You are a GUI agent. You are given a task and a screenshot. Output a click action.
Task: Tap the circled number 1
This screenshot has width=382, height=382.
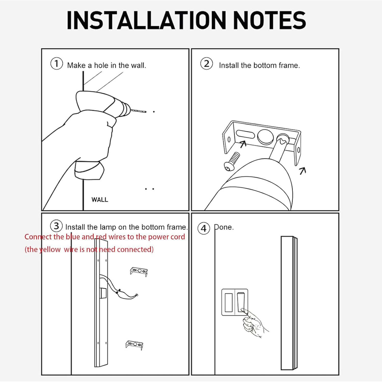coord(57,63)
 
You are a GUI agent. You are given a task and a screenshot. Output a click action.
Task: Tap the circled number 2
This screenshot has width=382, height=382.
coord(207,63)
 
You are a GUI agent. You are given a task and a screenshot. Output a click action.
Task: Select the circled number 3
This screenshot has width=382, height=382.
coord(56,226)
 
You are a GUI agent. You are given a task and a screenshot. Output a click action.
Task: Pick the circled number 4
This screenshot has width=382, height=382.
coord(204,228)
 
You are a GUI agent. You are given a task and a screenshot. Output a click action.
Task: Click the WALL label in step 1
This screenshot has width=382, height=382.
coord(100,200)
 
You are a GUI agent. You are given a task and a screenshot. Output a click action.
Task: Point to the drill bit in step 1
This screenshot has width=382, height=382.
coord(139,111)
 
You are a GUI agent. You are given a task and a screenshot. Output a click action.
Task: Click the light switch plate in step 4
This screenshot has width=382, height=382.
coord(235,302)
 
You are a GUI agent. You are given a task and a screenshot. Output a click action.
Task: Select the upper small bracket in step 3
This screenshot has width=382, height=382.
coord(139,272)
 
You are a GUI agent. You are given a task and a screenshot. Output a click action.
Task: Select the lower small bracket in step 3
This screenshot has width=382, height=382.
coord(134,345)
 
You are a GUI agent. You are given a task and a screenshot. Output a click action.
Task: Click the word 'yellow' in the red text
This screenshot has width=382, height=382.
coord(50,249)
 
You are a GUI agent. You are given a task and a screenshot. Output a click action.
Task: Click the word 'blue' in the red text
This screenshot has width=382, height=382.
coord(73,237)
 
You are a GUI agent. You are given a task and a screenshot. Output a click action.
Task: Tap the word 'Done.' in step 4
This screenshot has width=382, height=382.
coord(224,227)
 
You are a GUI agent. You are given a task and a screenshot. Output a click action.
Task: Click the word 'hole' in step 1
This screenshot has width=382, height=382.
coord(101,65)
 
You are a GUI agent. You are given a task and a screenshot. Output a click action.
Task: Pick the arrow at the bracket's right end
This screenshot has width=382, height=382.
coord(303,170)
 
